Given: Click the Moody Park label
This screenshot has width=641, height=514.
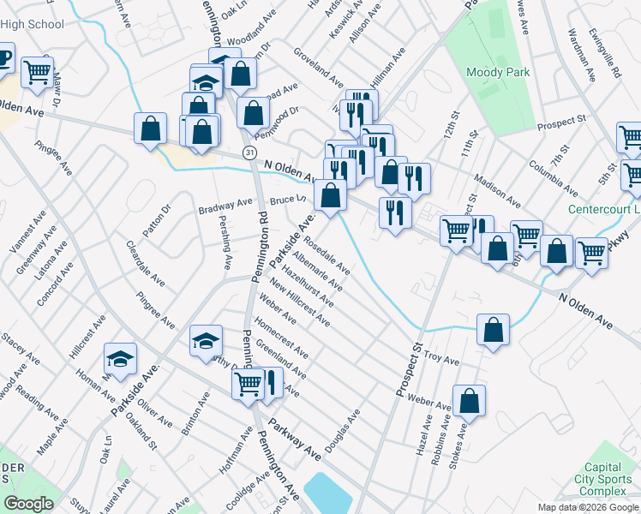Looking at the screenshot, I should [500, 74].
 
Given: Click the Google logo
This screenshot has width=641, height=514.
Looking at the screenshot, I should [28, 503].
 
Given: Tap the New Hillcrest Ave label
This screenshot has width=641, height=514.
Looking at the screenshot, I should [299, 302].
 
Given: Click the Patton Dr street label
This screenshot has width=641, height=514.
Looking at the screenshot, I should [158, 220].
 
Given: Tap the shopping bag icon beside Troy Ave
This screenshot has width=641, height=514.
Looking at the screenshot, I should [494, 331].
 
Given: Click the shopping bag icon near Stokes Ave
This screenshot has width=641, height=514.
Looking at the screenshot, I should [470, 401].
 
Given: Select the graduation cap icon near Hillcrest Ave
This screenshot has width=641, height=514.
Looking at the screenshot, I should [121, 359].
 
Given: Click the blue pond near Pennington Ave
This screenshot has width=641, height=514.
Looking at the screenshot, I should [327, 493].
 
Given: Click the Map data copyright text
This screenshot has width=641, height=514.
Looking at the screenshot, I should [587, 507].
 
